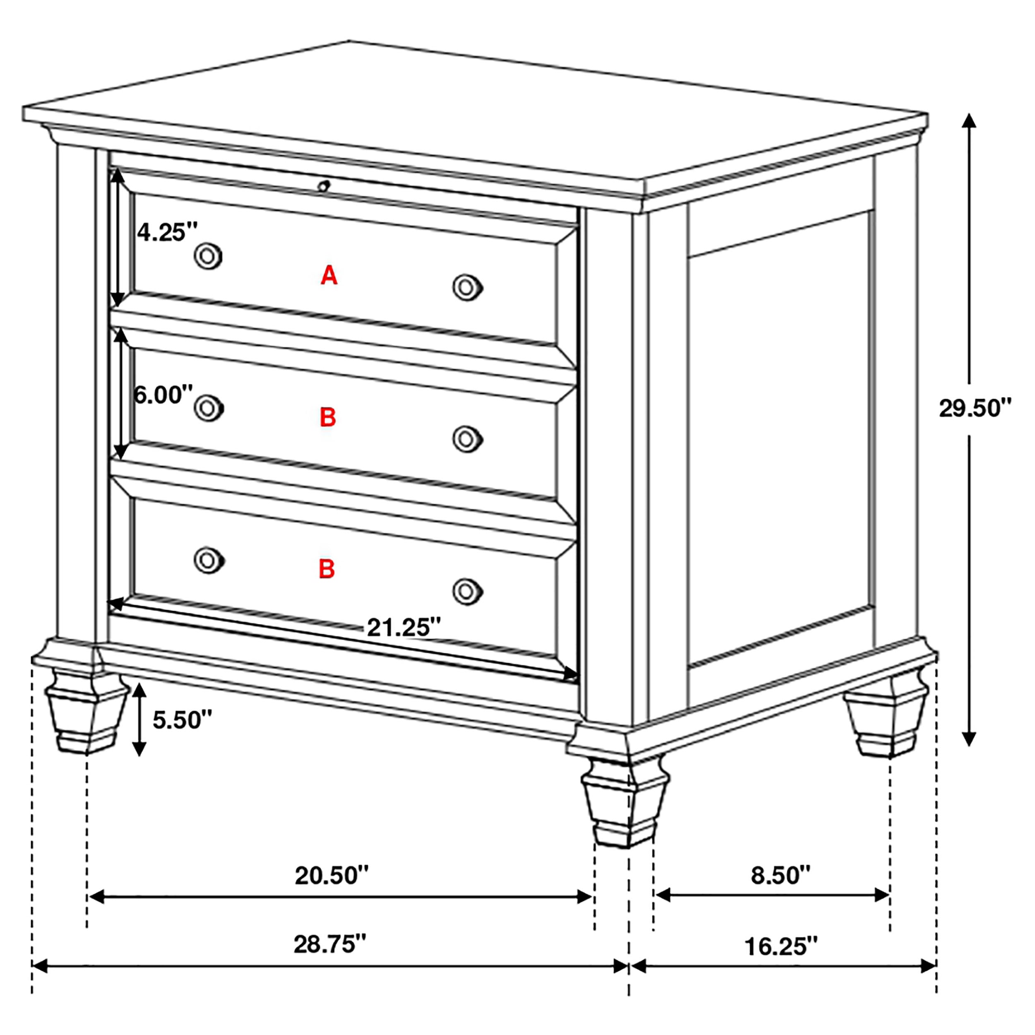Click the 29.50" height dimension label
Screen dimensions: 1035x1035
point(975,408)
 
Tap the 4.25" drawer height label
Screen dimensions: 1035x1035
point(167,233)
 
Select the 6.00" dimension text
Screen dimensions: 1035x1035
point(163,395)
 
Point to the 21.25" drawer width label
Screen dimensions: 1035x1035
point(403,627)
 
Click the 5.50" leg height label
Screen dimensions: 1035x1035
point(182,720)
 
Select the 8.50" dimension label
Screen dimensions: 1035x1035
point(780,875)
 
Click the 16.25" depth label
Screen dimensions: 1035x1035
point(781,946)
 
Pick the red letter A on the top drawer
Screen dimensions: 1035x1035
point(329,275)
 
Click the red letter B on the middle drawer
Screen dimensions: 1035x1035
point(327,417)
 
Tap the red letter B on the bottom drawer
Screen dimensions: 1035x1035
point(327,569)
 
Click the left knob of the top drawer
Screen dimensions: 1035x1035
point(208,256)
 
